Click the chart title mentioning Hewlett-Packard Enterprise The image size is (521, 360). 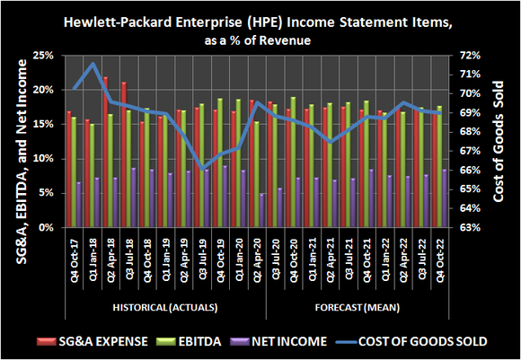[260, 19]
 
